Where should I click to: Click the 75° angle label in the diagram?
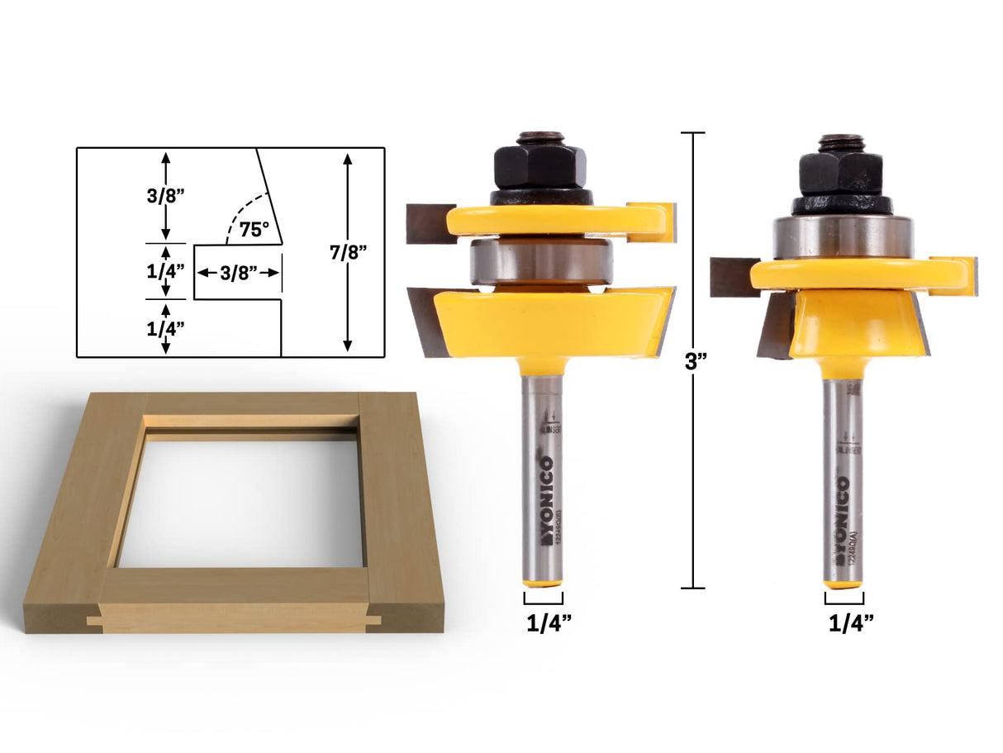(x=254, y=230)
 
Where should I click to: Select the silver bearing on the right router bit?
(x=842, y=237)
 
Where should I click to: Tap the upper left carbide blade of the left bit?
(x=430, y=223)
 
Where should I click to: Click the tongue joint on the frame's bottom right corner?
(x=373, y=618)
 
